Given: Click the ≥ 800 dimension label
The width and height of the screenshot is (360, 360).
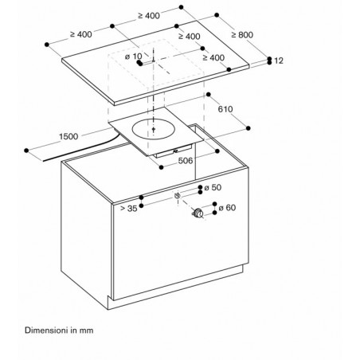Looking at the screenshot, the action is pos(242,35).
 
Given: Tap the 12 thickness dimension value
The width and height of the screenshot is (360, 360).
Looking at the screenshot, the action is pos(279,61).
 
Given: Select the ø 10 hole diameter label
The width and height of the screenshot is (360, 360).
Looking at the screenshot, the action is pos(134,57).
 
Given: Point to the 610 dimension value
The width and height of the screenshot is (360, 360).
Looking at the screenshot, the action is pos(225,109).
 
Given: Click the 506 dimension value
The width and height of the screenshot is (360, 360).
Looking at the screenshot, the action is pos(186,161).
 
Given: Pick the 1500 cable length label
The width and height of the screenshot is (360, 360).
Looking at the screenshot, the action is pos(68,136).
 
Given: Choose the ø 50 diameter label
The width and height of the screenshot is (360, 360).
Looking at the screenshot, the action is pos(213,187).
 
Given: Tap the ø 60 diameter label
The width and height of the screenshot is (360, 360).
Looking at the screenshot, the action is pos(227,207).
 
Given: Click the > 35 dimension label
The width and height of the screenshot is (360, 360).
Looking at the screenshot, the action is pos(129,209).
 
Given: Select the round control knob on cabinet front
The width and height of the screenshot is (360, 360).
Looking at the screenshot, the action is pos(198,213).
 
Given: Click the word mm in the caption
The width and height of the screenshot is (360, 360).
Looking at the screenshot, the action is pos(86,331).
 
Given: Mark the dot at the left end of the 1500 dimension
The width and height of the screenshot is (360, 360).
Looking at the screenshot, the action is pos(26,151).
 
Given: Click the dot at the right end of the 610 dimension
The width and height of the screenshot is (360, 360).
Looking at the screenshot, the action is pos(248,128).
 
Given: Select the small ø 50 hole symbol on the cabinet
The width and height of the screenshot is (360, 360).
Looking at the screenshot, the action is pos(178,196).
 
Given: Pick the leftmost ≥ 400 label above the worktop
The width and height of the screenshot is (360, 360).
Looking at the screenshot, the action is pos(81,34).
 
